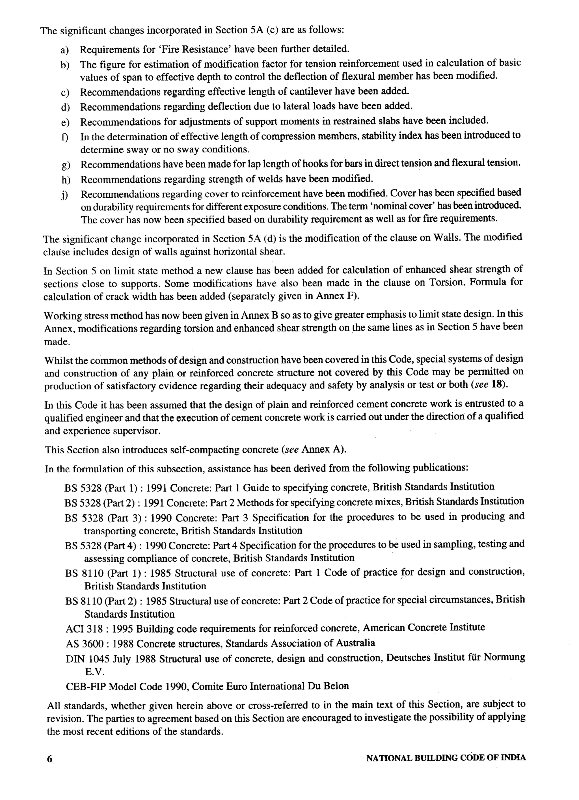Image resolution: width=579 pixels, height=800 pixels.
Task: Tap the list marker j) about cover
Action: pos(64,195)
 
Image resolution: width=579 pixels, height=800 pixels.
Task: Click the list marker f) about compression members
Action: pos(64,137)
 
